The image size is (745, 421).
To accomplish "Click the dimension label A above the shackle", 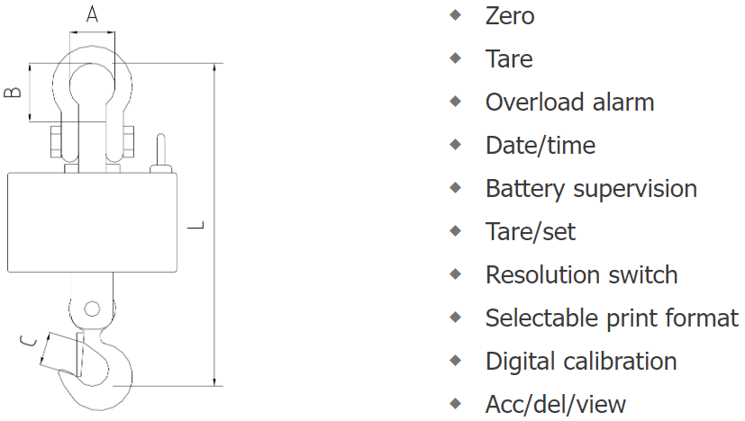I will click(92, 14).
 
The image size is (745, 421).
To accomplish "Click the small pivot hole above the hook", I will click(91, 309).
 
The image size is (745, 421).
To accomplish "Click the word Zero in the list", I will click(510, 15).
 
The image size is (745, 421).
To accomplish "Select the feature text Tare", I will click(509, 59).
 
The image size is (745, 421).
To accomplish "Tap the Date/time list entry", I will click(541, 146).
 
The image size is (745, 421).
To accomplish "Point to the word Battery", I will click(526, 189).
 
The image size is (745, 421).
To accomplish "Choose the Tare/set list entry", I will click(531, 232).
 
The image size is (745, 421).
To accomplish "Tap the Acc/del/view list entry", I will click(556, 405).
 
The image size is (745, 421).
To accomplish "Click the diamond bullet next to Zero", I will click(457, 15).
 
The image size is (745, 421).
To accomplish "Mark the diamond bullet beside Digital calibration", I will click(457, 361).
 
